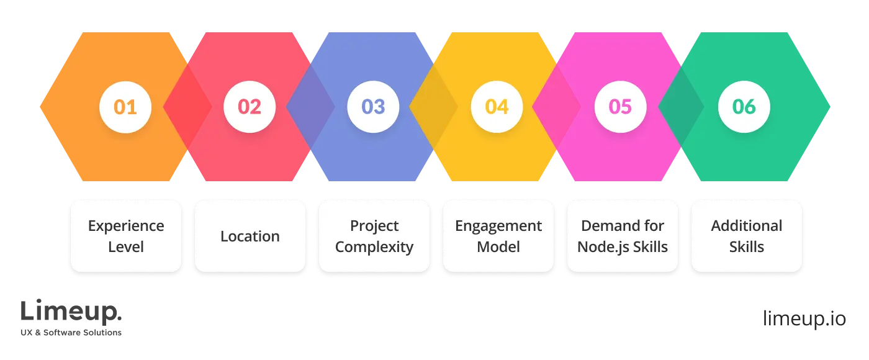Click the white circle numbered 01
click(x=125, y=107)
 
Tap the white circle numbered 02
click(x=250, y=107)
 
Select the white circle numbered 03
click(x=373, y=107)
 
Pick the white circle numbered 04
click(x=497, y=107)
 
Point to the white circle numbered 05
click(x=620, y=107)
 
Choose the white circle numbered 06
click(x=744, y=107)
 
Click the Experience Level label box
click(x=126, y=236)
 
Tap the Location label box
click(x=250, y=236)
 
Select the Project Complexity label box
click(x=374, y=236)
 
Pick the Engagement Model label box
click(x=498, y=236)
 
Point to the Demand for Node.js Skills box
click(x=623, y=236)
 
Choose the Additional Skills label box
click(x=747, y=236)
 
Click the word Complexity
click(x=374, y=247)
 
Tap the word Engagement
click(x=498, y=226)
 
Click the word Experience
click(x=126, y=226)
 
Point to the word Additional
click(x=747, y=226)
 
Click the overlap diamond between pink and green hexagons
click(x=680, y=107)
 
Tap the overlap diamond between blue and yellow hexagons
click(x=433, y=107)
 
